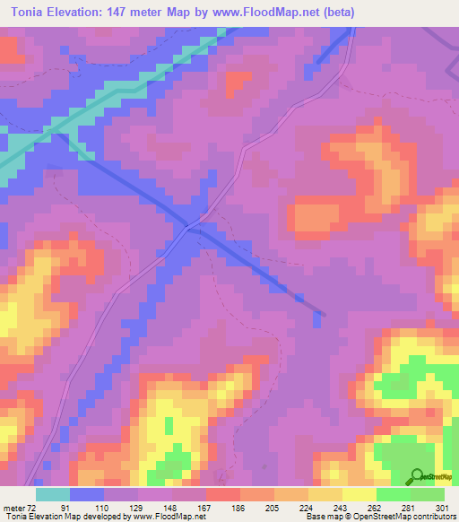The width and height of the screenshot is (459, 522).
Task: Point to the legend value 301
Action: pos(445,508)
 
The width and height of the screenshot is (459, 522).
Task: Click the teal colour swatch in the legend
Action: pos(53,494)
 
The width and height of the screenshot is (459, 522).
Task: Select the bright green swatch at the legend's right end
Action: pos(428,494)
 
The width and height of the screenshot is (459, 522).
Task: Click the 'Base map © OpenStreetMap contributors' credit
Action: pos(380,518)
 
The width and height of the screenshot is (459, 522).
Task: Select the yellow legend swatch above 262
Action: pos(359,494)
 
